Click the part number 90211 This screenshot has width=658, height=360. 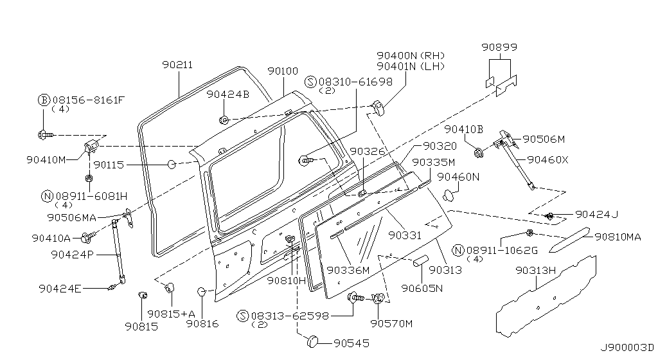(177, 64)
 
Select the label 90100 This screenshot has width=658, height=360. (283, 71)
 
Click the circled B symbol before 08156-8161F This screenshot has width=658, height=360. (44, 100)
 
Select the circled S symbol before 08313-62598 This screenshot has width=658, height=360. (242, 316)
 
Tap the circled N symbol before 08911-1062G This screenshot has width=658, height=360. (458, 250)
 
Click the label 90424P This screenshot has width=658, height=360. (72, 254)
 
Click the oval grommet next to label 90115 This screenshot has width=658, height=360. (172, 165)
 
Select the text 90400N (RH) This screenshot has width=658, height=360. (411, 55)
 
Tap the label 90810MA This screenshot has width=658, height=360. (618, 237)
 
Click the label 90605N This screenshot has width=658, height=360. (422, 288)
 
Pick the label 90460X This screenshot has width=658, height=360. (547, 159)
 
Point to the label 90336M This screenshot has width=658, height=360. (348, 271)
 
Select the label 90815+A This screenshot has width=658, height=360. (170, 314)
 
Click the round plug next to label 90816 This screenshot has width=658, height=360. (201, 292)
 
